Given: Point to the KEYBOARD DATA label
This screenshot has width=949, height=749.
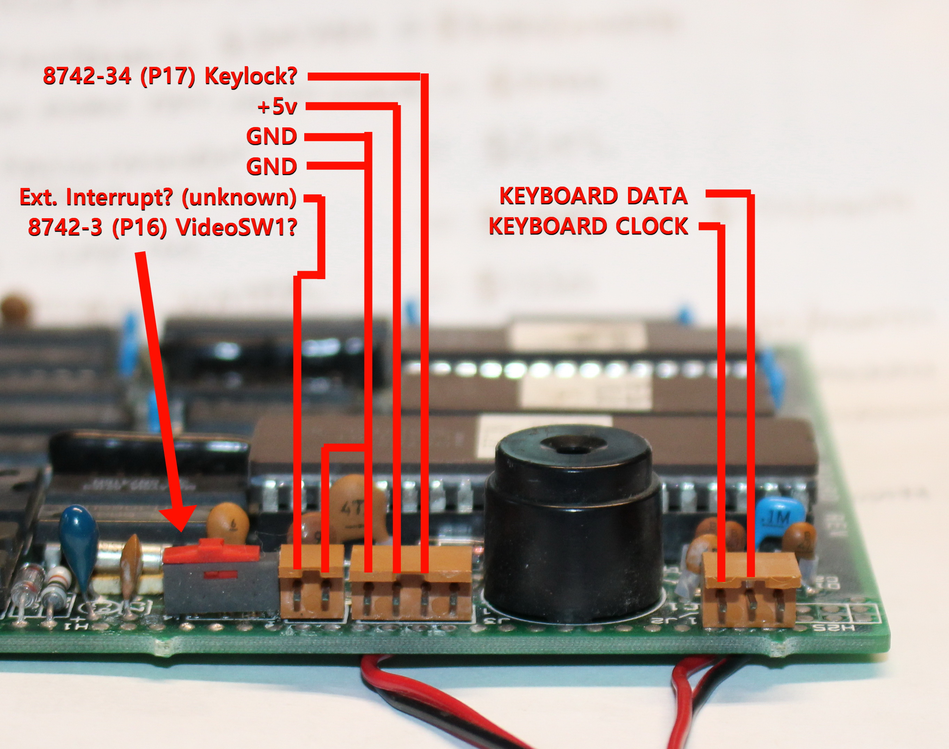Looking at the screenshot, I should pyautogui.click(x=593, y=196).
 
